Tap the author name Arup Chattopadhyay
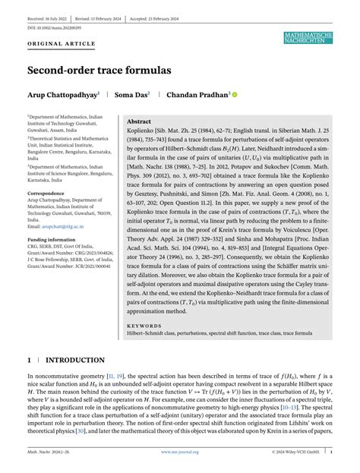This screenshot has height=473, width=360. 63,95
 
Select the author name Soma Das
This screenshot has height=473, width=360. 131,95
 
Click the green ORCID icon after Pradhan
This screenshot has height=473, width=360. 235,95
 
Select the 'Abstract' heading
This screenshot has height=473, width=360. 139,121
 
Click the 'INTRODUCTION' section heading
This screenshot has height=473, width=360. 75,360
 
